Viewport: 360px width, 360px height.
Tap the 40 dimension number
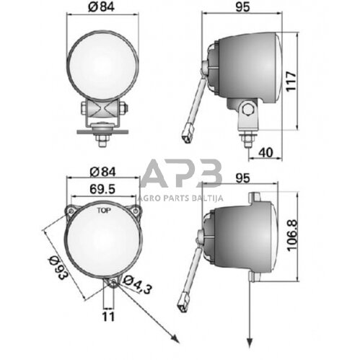[x=265, y=152]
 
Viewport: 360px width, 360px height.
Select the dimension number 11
[x=107, y=315]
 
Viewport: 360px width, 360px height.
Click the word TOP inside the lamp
[x=104, y=214]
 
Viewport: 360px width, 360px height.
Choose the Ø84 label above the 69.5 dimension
[x=101, y=172]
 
